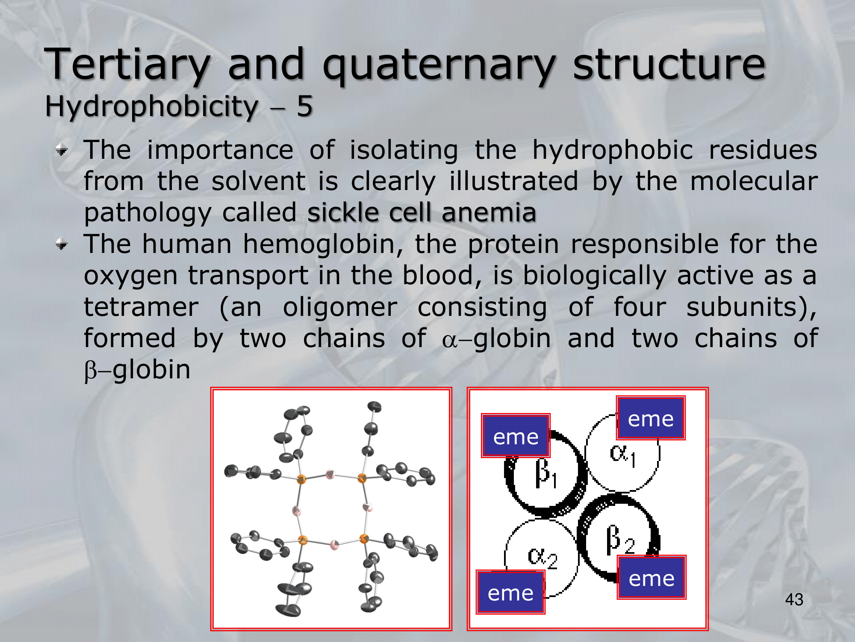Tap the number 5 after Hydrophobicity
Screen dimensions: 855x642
tap(305, 106)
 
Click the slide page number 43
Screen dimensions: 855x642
tap(794, 599)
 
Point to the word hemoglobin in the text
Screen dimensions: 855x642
tap(323, 245)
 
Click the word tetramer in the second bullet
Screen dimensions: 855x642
tap(141, 307)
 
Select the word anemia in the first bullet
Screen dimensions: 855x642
tap(489, 212)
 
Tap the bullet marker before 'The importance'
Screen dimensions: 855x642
tap(62, 150)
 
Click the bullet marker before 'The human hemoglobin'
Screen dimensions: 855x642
tap(62, 244)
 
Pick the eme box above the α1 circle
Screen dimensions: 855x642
tap(651, 418)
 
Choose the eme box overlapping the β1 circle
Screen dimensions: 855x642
tap(516, 436)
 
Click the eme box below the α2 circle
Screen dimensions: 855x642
tap(510, 592)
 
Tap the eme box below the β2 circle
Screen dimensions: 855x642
tap(652, 577)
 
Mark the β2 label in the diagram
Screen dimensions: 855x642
tap(620, 540)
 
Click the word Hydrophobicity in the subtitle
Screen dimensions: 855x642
tap(152, 107)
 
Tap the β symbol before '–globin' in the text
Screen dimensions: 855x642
tap(91, 371)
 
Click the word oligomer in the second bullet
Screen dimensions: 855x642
tap(340, 307)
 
